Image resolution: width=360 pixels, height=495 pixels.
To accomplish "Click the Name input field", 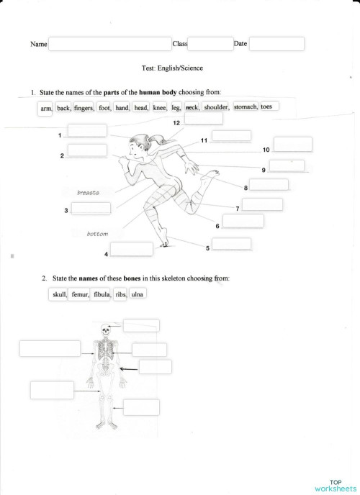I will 109,45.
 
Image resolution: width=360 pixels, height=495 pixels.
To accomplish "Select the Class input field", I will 210,45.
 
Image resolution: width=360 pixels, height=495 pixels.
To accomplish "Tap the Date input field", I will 276,45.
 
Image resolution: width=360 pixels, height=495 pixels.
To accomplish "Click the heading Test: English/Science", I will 174,68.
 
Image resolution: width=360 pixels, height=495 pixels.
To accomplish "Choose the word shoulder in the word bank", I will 215,107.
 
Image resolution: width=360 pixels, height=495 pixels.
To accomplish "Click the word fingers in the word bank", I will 84,108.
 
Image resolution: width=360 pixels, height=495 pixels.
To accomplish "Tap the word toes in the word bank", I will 268,106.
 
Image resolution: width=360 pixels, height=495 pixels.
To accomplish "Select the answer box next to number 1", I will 86,130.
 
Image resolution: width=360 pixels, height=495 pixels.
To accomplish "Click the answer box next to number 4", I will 131,249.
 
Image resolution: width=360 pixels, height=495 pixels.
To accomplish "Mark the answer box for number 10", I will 293,144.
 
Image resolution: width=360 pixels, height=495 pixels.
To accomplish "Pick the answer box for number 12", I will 203,118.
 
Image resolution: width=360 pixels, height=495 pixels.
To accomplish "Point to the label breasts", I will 88,193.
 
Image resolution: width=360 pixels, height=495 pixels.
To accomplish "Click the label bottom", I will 97,234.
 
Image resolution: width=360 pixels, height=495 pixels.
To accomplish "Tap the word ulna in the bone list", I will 137,294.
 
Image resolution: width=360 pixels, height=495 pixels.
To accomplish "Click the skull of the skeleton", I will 106,329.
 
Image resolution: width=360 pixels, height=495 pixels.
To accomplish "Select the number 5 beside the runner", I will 207,248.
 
